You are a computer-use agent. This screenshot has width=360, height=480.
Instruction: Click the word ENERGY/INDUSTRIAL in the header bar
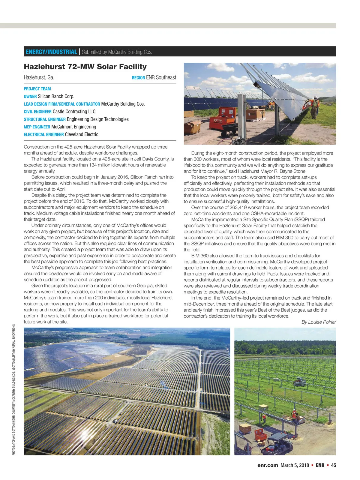click(51, 52)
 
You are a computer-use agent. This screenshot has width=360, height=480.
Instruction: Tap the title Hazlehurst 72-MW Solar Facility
click(85, 67)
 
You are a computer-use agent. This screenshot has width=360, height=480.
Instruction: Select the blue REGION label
click(138, 78)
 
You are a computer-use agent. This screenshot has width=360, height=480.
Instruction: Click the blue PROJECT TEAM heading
click(37, 89)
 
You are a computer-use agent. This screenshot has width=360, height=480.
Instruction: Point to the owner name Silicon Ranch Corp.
click(56, 96)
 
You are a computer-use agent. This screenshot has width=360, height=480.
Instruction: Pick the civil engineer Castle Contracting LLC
click(74, 112)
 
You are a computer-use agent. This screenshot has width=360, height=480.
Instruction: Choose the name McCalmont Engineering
click(74, 127)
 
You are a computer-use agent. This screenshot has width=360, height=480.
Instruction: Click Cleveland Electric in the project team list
click(82, 134)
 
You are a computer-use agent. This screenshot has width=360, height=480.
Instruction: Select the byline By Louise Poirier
click(319, 322)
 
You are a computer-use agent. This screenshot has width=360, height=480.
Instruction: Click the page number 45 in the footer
click(334, 465)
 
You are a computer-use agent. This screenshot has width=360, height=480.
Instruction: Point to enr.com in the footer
click(268, 465)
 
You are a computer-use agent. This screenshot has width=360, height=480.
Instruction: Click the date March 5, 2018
click(295, 465)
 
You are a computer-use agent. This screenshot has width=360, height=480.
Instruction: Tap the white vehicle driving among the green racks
click(299, 381)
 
